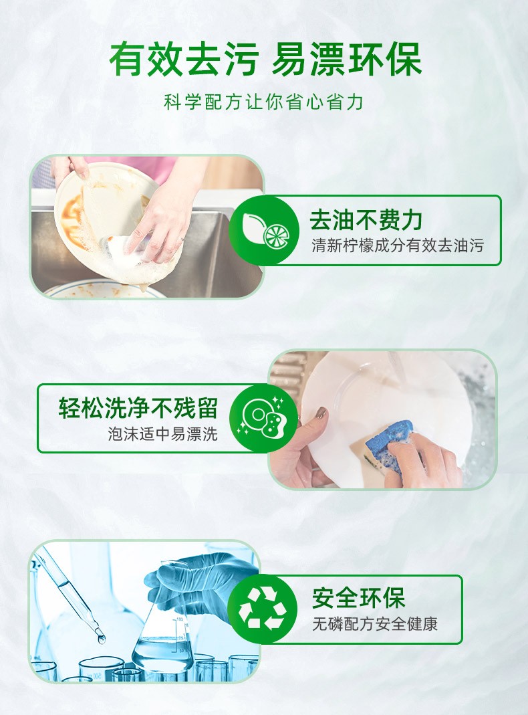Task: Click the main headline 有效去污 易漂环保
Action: [x=265, y=60]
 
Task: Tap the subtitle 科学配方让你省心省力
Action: [x=264, y=102]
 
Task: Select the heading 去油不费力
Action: [x=366, y=220]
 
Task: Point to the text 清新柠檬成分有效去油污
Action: [x=397, y=245]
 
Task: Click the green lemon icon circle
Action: [x=264, y=230]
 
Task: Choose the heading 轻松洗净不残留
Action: [x=138, y=407]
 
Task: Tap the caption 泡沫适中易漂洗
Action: [x=162, y=433]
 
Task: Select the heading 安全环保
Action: [x=358, y=598]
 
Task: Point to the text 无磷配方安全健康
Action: [x=375, y=624]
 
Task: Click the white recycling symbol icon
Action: [x=263, y=609]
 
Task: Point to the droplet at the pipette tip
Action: [x=101, y=639]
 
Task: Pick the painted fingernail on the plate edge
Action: [x=321, y=413]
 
